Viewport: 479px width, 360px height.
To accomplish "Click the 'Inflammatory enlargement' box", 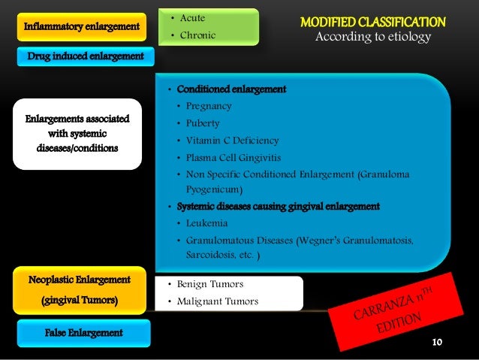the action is tap(82, 27).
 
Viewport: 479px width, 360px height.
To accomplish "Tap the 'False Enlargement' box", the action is tap(83, 332).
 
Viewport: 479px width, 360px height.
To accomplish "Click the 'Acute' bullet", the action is tap(193, 18).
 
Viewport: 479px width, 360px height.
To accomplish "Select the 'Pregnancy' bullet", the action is tap(209, 106).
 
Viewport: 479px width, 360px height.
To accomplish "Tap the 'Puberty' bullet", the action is tap(204, 123).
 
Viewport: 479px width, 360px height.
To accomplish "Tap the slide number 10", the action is tap(438, 343).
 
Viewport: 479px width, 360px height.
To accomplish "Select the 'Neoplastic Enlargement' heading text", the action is tap(79, 280).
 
